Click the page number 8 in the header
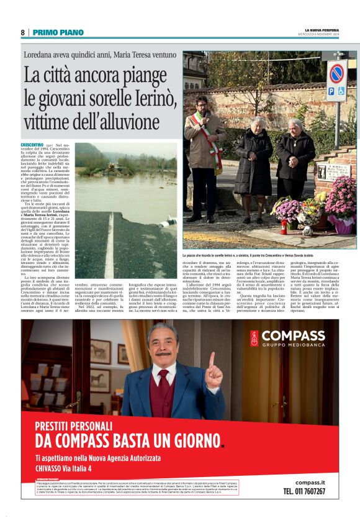[22, 32]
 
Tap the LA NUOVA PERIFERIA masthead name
[322, 30]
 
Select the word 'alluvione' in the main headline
[128, 122]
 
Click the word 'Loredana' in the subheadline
[43, 55]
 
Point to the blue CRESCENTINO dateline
[32, 144]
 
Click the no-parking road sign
[336, 73]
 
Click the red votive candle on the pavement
[283, 225]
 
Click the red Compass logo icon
[254, 338]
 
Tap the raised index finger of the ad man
[212, 362]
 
